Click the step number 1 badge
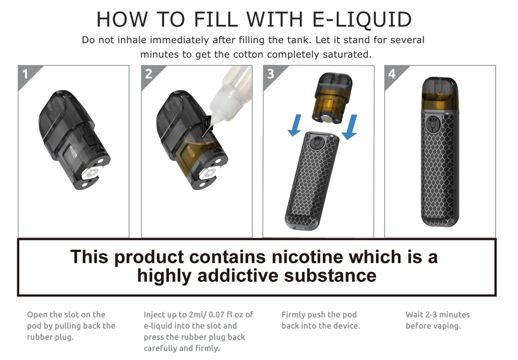click(26, 74)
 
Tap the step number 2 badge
click(149, 74)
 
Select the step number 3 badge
click(271, 74)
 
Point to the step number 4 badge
click(393, 74)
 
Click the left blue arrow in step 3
click(295, 125)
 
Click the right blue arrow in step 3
click(350, 127)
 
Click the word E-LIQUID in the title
click(362, 20)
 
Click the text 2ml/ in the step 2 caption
click(197, 315)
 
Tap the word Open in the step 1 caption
click(37, 315)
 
